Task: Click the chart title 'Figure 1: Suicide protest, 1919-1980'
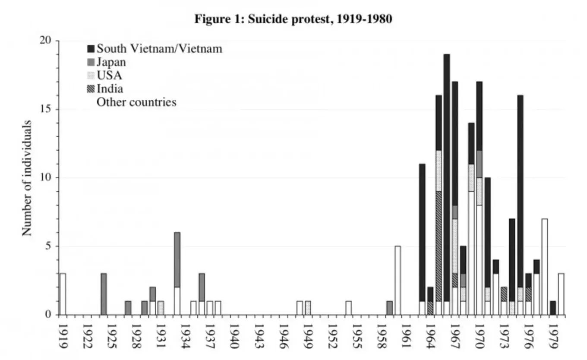click(x=293, y=19)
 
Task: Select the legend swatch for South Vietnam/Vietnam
click(x=91, y=49)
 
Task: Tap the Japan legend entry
click(x=111, y=62)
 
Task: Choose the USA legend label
click(x=109, y=76)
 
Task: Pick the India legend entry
click(x=110, y=89)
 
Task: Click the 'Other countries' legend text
click(x=136, y=102)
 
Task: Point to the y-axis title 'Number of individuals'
click(x=27, y=178)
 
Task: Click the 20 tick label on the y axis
click(x=45, y=41)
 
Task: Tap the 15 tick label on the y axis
click(x=45, y=109)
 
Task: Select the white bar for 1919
click(x=63, y=294)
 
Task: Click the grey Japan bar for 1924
click(x=104, y=294)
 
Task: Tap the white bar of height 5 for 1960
click(x=398, y=281)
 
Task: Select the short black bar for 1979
click(x=553, y=308)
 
